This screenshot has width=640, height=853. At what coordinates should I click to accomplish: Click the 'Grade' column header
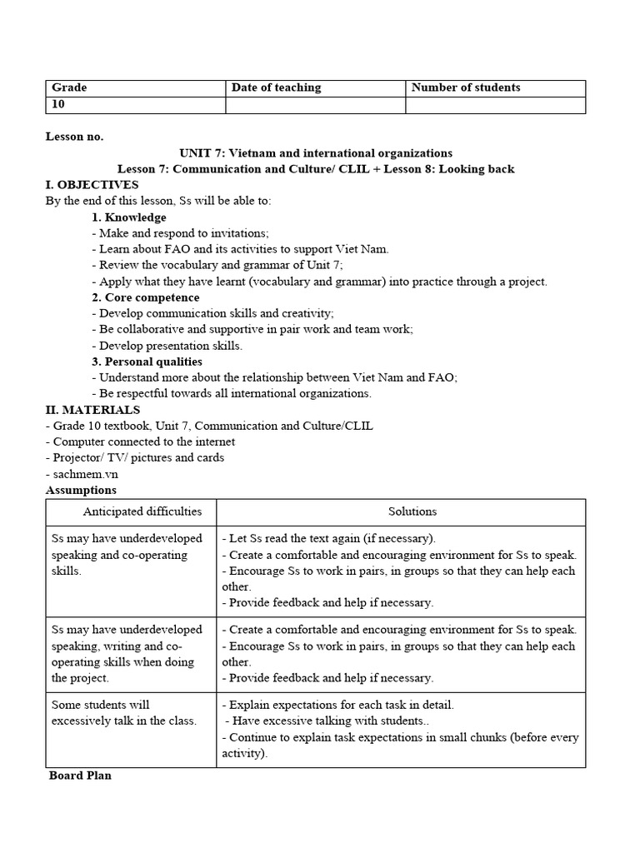click(x=70, y=87)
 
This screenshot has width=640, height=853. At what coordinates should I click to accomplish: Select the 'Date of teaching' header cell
click(x=276, y=87)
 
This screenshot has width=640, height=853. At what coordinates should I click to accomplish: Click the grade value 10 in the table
click(x=58, y=105)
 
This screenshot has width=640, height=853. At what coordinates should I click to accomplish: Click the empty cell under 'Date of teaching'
click(x=315, y=105)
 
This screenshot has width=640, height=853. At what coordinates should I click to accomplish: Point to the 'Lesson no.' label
click(x=75, y=137)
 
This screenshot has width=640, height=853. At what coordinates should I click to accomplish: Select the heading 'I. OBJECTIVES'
click(x=92, y=185)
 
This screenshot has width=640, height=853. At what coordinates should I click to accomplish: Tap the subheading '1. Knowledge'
click(x=129, y=217)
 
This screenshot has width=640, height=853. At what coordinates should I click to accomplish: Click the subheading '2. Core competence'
click(x=146, y=297)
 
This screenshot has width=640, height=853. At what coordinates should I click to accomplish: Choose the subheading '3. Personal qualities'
click(x=147, y=362)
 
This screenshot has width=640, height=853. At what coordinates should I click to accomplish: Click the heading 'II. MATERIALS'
click(x=92, y=410)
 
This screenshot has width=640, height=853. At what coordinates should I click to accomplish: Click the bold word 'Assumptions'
click(x=81, y=490)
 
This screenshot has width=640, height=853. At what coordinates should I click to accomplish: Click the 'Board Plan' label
click(x=80, y=776)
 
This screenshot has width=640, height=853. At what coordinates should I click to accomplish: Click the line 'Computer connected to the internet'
click(x=140, y=441)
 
